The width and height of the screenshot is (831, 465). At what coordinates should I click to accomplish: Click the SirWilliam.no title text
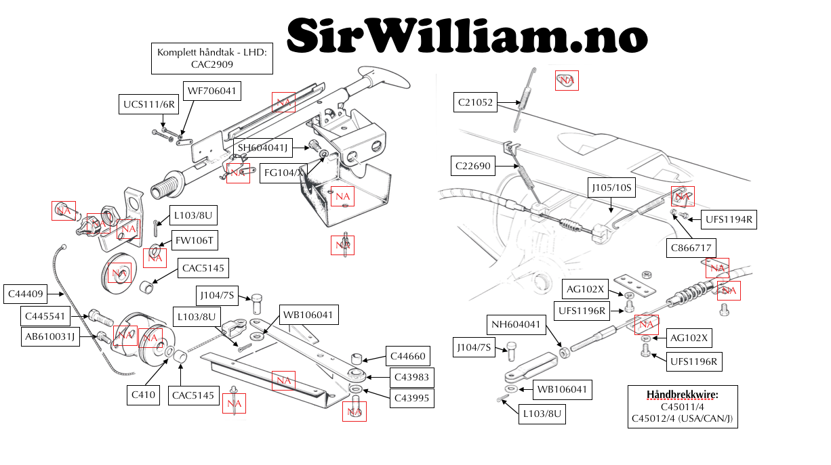pos(467,35)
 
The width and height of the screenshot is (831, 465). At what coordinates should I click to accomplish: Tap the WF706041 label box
pos(212,90)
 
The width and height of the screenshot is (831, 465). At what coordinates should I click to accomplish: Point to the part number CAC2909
pos(211,64)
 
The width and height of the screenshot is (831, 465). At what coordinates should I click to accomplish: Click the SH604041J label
pos(262,148)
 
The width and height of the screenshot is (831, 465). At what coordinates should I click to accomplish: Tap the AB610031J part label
pos(50,336)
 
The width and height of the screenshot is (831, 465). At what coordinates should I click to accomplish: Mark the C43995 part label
pos(411,398)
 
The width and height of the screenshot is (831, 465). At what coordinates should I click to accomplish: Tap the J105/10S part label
pos(611,187)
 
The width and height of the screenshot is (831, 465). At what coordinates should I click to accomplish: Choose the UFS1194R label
pos(729,219)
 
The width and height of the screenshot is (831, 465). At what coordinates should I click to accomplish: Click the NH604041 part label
pos(516,325)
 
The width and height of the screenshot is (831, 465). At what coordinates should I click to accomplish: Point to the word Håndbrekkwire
pos(682,395)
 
